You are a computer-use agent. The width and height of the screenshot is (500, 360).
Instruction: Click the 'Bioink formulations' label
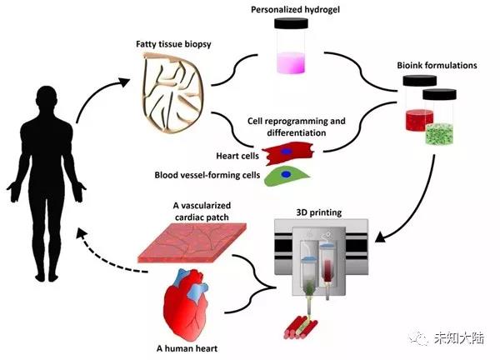(x=436, y=63)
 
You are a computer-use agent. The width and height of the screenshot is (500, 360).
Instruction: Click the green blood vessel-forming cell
(x=285, y=176)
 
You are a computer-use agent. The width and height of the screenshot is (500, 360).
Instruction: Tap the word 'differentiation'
(x=286, y=132)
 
